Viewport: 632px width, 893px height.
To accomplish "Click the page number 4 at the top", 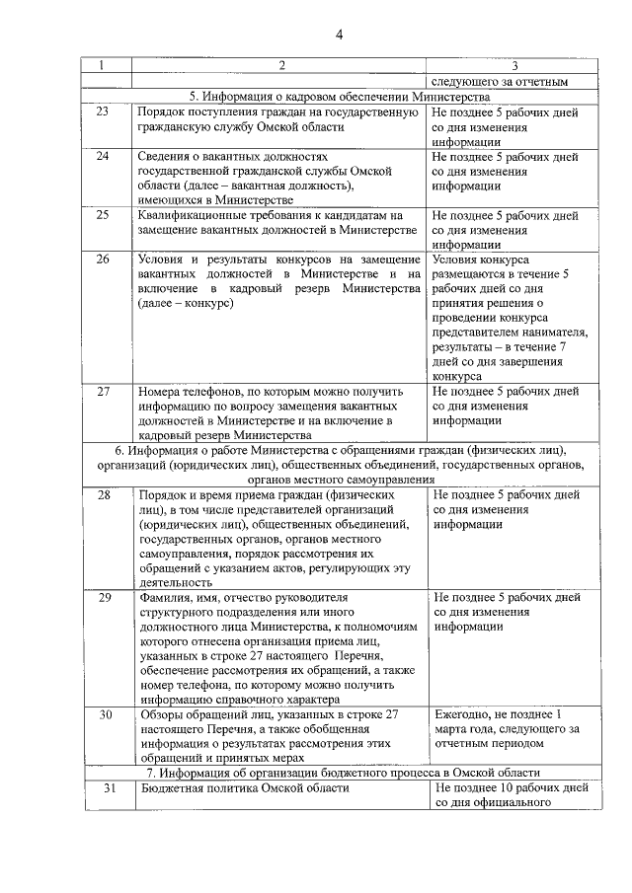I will pyautogui.click(x=339, y=37).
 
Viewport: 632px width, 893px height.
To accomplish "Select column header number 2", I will pyautogui.click(x=281, y=66).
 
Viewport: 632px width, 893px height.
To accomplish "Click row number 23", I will pyautogui.click(x=103, y=112).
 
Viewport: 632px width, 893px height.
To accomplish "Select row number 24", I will pyautogui.click(x=103, y=156).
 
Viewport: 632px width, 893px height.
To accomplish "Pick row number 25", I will pyautogui.click(x=103, y=214).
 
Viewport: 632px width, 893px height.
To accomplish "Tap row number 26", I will pyautogui.click(x=103, y=259).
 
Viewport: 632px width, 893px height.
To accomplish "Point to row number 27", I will pyautogui.click(x=103, y=391).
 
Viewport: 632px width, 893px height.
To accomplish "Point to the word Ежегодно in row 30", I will pyautogui.click(x=463, y=713).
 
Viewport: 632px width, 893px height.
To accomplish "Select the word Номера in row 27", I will pyautogui.click(x=161, y=391).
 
